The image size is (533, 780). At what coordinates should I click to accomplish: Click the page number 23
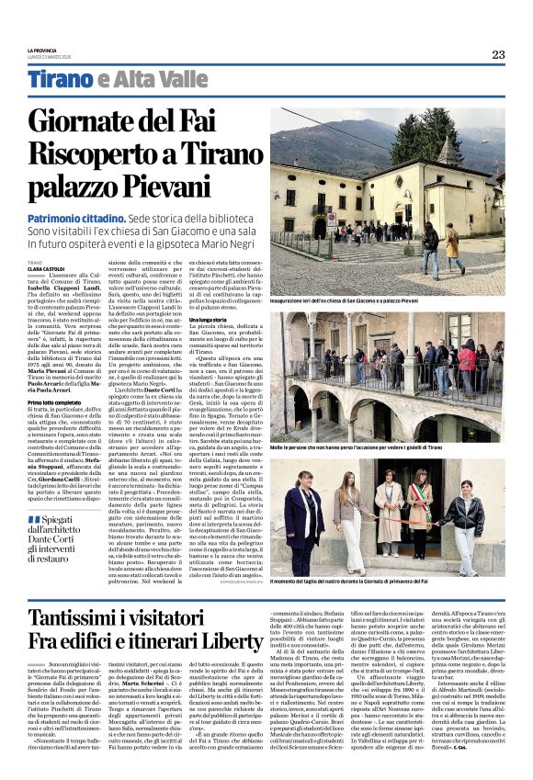coord(497,54)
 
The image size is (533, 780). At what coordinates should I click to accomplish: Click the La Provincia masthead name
coord(41,50)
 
